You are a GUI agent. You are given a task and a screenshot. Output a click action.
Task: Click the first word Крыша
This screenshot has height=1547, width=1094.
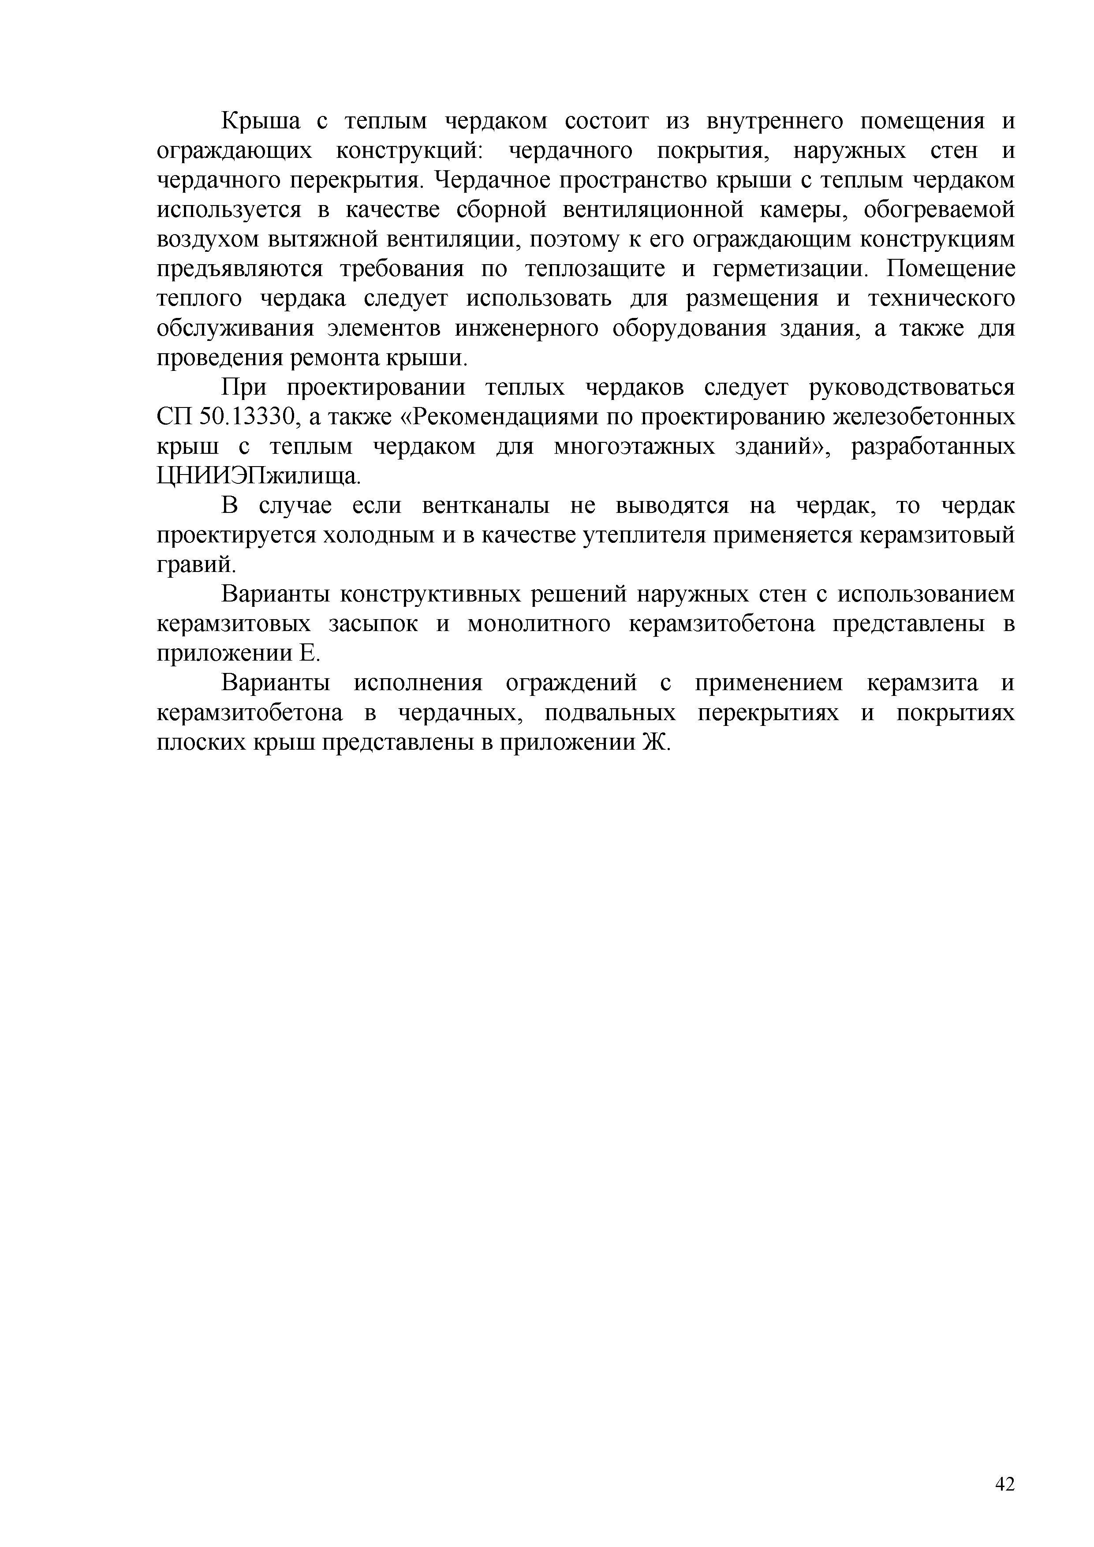click(261, 122)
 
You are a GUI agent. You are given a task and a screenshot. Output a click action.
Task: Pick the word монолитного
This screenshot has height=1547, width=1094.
click(539, 624)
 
